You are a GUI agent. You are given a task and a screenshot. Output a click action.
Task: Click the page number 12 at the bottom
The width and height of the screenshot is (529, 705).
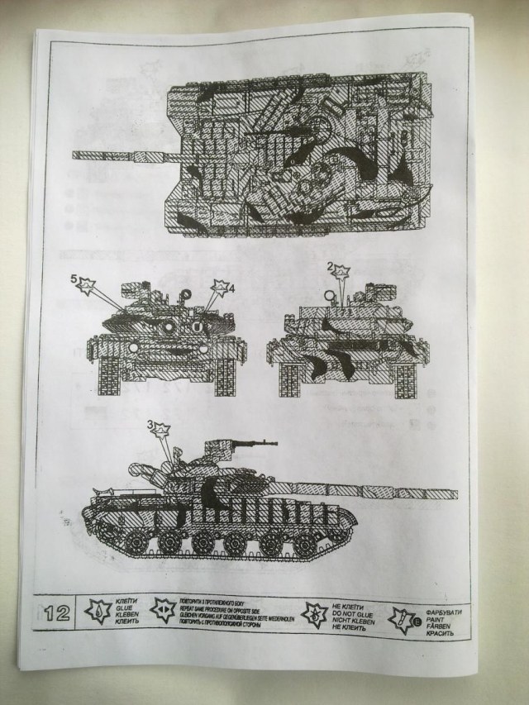(57, 613)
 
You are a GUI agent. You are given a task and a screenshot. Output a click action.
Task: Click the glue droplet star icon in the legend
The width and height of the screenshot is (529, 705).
(98, 613)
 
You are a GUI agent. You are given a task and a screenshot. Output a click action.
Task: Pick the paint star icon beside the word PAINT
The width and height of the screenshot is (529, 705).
(405, 617)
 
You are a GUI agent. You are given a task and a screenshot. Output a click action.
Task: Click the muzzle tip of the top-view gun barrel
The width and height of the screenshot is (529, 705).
(75, 155)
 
